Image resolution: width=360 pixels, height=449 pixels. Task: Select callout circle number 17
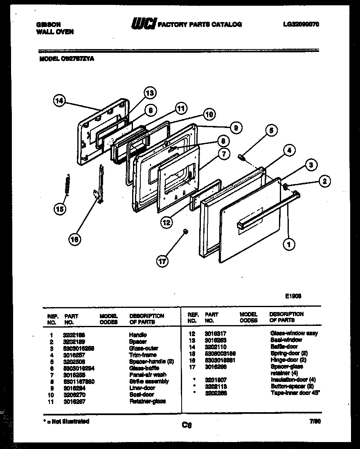[163, 260]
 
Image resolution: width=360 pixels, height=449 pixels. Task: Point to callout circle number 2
[324, 181]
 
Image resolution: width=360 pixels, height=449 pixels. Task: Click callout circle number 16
[74, 240]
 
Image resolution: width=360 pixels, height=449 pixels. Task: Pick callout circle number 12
[166, 222]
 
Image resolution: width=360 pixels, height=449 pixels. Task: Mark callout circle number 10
[209, 115]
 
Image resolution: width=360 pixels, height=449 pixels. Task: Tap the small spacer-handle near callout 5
[242, 157]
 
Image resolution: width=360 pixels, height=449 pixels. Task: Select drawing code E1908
[293, 296]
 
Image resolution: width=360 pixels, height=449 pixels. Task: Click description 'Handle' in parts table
[138, 335]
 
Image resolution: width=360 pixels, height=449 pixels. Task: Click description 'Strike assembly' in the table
[149, 381]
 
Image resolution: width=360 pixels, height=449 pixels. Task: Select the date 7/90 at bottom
[315, 421]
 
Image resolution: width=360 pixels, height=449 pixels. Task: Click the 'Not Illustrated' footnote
[67, 421]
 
